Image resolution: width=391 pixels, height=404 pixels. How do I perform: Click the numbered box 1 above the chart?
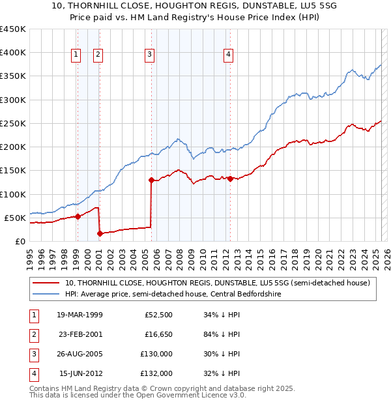coord(77,55)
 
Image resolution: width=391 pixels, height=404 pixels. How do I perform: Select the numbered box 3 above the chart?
coord(150,55)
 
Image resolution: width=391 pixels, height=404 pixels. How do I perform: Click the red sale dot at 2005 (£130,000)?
coord(151,180)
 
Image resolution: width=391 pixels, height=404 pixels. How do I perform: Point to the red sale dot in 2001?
coord(100,233)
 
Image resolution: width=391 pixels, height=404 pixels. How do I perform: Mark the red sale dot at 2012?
coord(231,179)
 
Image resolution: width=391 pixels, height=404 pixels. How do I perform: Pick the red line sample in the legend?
coord(46,283)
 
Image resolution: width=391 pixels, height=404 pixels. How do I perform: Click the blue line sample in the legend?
coord(46,295)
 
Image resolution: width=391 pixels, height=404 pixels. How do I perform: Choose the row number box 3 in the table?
coord(32,354)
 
